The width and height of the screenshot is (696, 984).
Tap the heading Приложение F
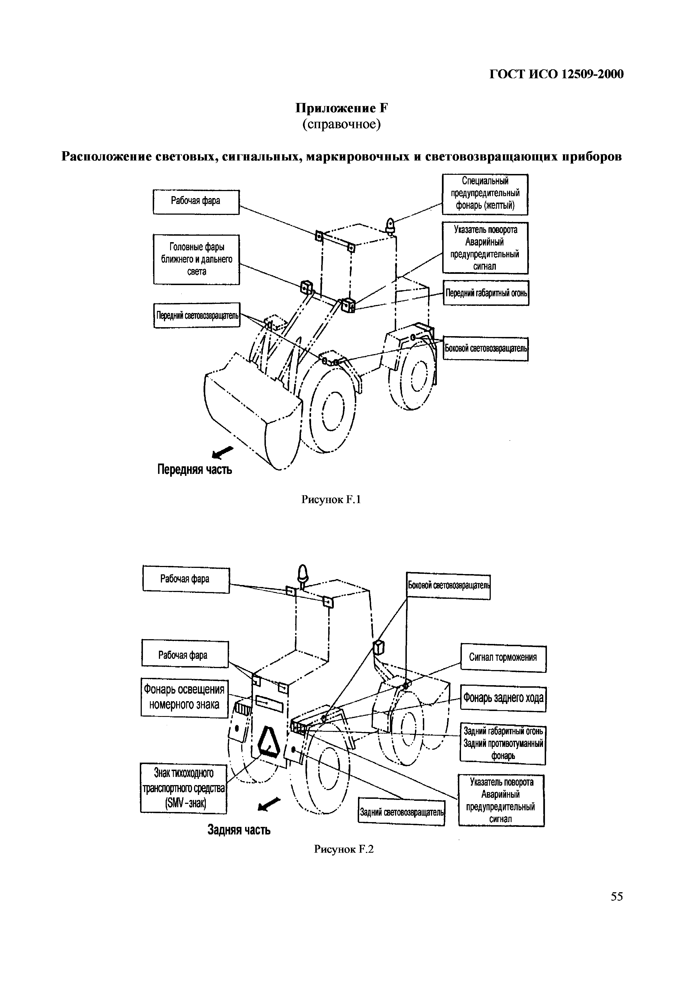(x=341, y=108)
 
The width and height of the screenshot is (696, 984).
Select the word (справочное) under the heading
(x=341, y=124)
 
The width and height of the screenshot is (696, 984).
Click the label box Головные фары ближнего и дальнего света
(x=197, y=259)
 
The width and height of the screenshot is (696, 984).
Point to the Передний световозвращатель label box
(x=197, y=315)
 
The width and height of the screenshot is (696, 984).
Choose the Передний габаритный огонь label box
(x=486, y=293)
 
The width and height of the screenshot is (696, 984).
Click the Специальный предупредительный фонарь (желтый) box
(x=485, y=194)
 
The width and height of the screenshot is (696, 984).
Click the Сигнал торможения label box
(x=503, y=657)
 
